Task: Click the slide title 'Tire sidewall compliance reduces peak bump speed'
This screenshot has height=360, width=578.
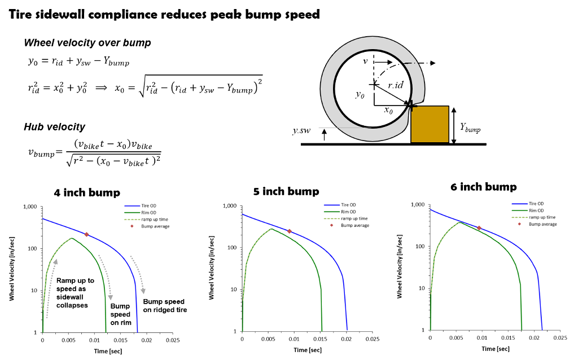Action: coord(164,14)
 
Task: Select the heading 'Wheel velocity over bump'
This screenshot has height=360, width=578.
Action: coord(87,43)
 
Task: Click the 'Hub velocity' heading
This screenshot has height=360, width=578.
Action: coord(55,127)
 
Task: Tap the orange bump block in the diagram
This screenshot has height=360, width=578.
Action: coord(430,125)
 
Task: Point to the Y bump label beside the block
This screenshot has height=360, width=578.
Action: coord(470,128)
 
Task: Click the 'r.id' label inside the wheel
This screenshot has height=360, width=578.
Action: coord(396,86)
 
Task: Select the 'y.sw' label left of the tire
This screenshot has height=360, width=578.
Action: coord(301,130)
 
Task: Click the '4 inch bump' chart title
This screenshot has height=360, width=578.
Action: coord(87,193)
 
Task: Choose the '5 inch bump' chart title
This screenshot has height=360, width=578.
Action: coord(286,191)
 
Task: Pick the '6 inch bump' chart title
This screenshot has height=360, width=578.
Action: coord(484,187)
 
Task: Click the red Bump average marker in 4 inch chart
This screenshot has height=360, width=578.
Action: coord(86,235)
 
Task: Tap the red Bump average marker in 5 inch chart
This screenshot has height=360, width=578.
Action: coord(290,231)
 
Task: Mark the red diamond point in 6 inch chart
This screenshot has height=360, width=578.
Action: coord(479,228)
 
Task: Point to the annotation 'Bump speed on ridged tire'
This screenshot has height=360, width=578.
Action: coord(165,306)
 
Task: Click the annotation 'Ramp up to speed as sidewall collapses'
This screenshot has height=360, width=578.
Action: coord(75,293)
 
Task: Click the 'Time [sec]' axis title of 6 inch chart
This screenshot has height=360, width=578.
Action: coord(496,349)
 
